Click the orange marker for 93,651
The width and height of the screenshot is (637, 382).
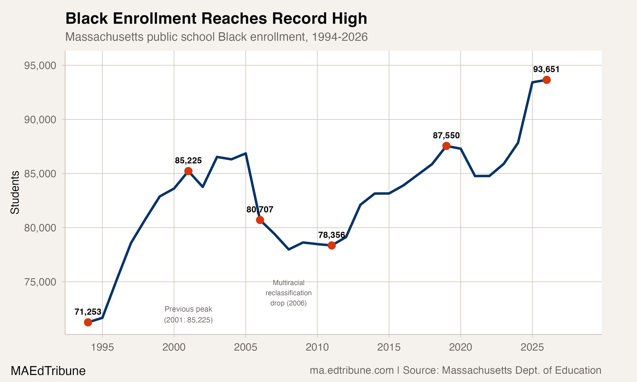tap(546, 80)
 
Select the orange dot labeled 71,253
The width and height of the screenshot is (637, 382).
tap(88, 322)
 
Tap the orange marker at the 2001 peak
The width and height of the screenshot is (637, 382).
tap(188, 171)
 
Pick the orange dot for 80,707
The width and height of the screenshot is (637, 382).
tap(260, 220)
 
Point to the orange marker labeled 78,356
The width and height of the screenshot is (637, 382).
tap(332, 246)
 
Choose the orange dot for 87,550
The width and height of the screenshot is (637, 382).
tap(446, 146)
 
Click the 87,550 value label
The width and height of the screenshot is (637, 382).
tap(446, 135)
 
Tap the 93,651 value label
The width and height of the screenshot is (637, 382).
tap(546, 69)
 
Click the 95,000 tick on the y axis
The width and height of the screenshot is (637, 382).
tap(40, 66)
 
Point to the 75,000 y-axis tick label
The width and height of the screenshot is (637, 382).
tap(40, 282)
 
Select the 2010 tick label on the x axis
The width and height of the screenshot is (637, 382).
tap(317, 347)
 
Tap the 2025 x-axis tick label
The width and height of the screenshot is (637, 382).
tap(532, 347)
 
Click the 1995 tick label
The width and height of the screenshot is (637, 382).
tap(103, 347)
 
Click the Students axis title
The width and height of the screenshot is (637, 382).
tap(15, 192)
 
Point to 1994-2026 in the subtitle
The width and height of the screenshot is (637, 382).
tap(339, 37)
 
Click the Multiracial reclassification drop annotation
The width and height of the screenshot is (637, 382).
tap(288, 293)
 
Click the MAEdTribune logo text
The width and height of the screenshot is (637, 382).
tap(48, 371)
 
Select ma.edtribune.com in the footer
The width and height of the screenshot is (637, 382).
tap(352, 370)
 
